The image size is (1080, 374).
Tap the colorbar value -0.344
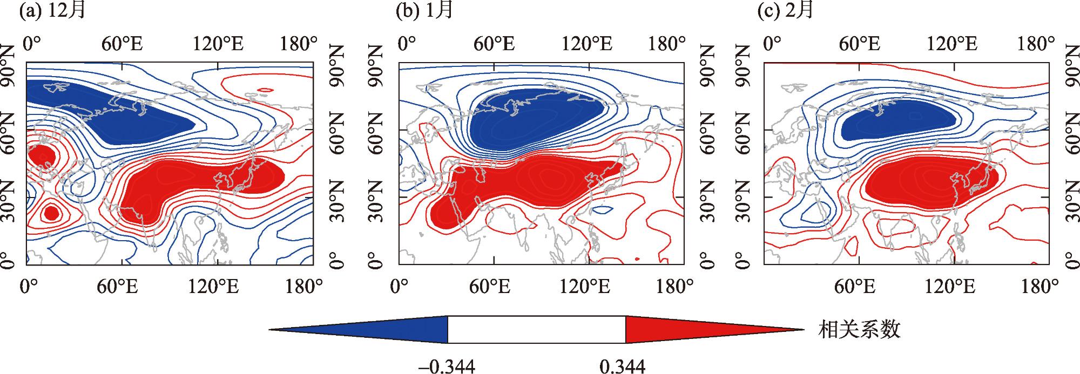[447, 367]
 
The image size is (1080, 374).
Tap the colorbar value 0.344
[622, 367]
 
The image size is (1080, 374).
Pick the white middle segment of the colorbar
[536, 329]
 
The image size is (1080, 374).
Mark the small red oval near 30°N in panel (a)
[51, 213]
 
